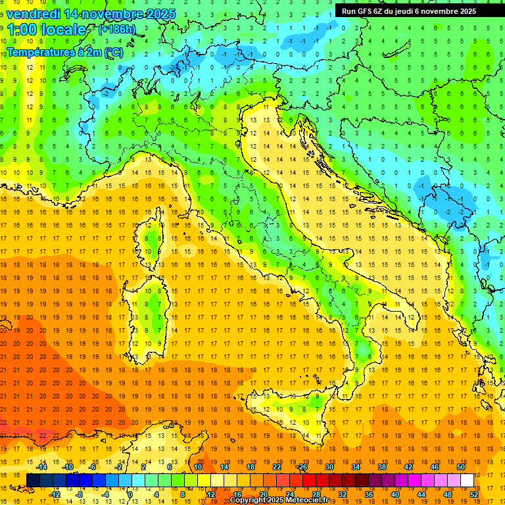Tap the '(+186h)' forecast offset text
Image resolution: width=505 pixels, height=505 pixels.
116,29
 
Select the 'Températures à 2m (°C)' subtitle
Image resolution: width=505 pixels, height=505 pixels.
64,52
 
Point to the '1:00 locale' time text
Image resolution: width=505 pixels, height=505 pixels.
46,30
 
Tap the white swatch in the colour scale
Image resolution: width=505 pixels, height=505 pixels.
467,480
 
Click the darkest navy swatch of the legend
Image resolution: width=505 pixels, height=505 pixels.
33,480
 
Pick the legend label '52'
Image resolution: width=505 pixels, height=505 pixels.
474,494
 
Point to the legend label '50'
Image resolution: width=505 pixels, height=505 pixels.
460,467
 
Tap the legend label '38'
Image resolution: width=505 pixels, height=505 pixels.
381,467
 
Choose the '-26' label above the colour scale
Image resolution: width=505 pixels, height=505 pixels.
302,467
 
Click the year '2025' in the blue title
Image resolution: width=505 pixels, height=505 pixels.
160,14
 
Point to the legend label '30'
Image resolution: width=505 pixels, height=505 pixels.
329,467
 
